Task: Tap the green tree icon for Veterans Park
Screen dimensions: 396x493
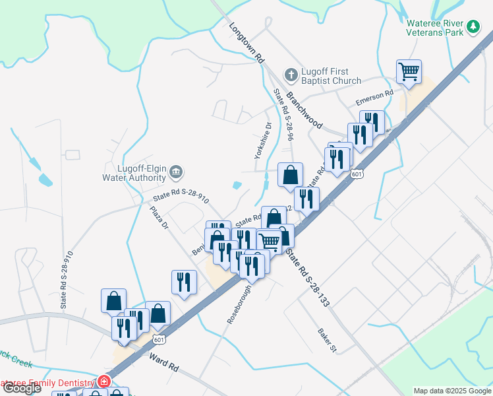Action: click(473, 26)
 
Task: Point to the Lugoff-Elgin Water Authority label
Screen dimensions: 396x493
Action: click(134, 173)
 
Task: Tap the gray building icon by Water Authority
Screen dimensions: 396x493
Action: click(176, 172)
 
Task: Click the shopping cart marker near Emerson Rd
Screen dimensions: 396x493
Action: click(409, 72)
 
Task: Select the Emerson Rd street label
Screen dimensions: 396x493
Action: click(374, 98)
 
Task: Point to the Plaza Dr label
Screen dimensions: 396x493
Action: click(159, 218)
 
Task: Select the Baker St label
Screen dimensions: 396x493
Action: click(327, 339)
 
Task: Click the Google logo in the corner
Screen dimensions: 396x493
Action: click(22, 388)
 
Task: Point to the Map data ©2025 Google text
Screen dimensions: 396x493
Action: click(451, 391)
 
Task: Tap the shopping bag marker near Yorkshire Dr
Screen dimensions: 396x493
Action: click(290, 175)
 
